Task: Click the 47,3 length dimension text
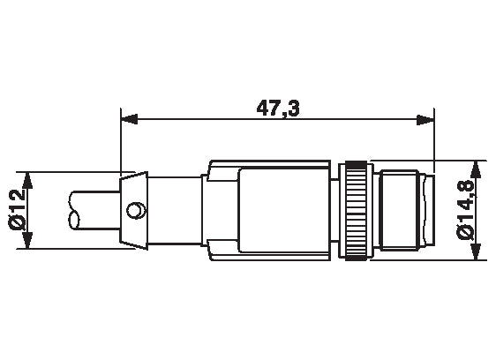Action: point(276,109)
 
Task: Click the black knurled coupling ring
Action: point(356,210)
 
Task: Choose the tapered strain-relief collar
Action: point(131,210)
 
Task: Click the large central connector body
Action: point(269,210)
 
